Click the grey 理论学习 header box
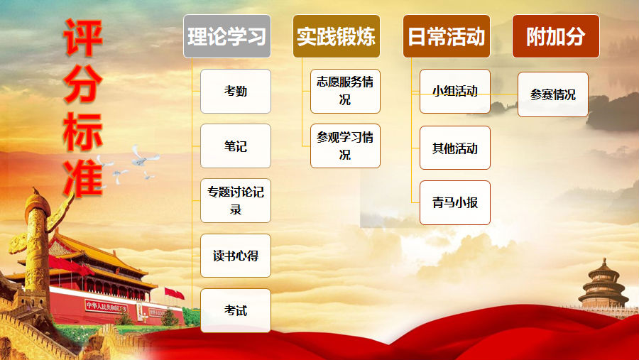(227, 36)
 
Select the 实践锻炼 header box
(337, 36)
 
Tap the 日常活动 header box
(447, 36)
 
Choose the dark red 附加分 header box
(556, 36)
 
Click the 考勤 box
(236, 91)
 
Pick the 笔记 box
(236, 146)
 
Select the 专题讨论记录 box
(236, 200)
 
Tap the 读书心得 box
(236, 256)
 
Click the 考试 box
(236, 310)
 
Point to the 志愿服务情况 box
(345, 91)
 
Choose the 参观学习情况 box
(345, 146)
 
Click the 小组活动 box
(455, 91)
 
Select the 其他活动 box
(455, 148)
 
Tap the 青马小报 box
(455, 202)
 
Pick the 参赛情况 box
(553, 94)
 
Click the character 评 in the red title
(83, 38)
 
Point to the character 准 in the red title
(83, 178)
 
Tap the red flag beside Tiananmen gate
(174, 293)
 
